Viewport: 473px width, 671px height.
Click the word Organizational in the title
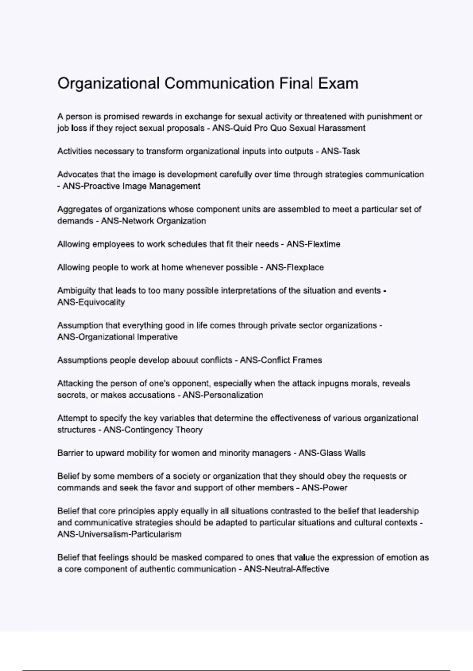pyautogui.click(x=108, y=84)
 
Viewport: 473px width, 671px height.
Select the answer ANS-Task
pyautogui.click(x=340, y=151)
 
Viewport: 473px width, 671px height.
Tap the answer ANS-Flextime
pyautogui.click(x=313, y=244)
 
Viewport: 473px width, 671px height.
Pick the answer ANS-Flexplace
pyautogui.click(x=294, y=267)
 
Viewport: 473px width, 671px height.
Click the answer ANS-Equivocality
pyautogui.click(x=91, y=302)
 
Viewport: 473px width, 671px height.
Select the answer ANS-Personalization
pyautogui.click(x=223, y=395)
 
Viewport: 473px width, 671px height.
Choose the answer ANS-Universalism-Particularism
pyautogui.click(x=119, y=534)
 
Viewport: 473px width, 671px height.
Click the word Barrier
pyautogui.click(x=70, y=453)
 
